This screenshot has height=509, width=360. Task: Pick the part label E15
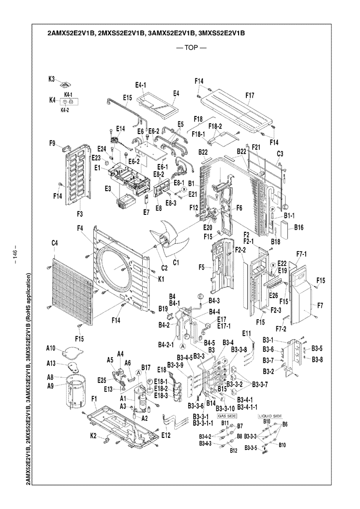(x=127, y=97)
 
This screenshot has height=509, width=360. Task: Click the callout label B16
(x=298, y=227)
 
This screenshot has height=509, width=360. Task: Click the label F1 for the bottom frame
(x=94, y=398)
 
